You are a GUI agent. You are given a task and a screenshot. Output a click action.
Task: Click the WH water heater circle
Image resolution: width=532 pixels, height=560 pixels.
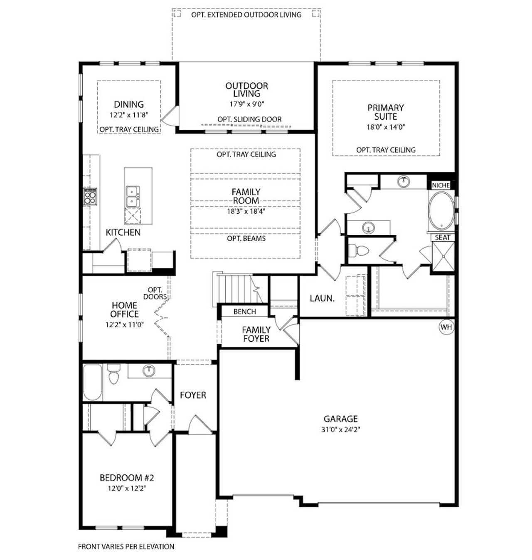tap(446, 327)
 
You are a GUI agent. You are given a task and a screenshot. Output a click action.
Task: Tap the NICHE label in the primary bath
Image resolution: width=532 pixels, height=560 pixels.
tap(441, 185)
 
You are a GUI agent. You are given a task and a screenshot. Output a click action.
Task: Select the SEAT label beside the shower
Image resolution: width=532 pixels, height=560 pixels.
tap(442, 238)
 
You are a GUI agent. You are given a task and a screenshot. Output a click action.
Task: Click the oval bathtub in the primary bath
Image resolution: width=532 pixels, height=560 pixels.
tap(441, 210)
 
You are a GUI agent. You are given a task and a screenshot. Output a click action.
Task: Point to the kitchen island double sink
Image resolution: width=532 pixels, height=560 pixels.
tap(133, 196)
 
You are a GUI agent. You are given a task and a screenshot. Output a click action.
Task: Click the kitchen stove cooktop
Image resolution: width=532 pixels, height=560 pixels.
tap(90, 196)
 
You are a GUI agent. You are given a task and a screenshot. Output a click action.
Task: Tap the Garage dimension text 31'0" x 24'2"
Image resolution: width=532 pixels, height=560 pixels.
tap(340, 430)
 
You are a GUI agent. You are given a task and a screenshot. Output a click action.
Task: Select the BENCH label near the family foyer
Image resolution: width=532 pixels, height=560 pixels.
tap(244, 311)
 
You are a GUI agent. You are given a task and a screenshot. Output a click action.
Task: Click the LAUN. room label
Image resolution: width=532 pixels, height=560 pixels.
tap(322, 298)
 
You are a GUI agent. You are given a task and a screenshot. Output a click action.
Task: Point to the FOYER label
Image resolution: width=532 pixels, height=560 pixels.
tap(193, 395)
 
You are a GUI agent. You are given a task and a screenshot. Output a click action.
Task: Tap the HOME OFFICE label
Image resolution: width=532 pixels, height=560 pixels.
tap(124, 310)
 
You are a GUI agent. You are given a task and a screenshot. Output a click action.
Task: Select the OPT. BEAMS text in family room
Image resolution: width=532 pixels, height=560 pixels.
tap(246, 239)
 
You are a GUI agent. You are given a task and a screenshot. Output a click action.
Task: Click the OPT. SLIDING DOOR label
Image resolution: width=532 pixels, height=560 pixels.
tap(249, 119)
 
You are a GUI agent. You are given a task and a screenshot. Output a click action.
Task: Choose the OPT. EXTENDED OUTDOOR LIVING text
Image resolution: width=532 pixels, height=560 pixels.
tap(246, 15)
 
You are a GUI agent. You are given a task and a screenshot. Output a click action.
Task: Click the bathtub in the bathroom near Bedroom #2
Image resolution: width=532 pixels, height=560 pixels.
tap(92, 382)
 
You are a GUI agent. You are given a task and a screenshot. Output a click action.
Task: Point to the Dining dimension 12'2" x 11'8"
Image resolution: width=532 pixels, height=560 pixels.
tap(129, 115)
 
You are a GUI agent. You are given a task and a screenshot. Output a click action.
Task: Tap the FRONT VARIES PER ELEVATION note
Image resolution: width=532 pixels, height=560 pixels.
tap(126, 546)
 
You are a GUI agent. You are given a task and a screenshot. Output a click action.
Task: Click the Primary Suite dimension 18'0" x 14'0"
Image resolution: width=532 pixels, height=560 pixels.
tap(385, 127)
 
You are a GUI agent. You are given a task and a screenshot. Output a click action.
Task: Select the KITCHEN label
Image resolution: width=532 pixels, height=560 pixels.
tap(123, 232)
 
